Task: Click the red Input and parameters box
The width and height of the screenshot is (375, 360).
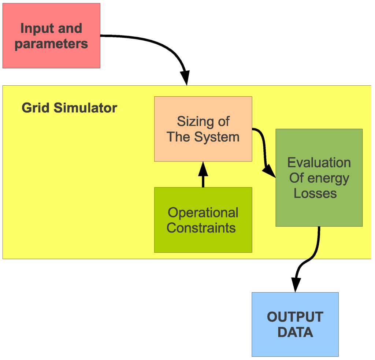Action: [x=51, y=36]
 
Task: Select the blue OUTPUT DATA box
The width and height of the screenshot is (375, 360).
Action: [x=295, y=324]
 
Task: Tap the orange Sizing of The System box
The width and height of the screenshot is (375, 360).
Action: [x=203, y=129]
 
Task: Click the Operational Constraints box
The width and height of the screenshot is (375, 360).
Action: [x=203, y=220]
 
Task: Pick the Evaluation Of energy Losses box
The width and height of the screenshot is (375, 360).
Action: [x=319, y=178]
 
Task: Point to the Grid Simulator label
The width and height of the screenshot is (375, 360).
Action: [x=69, y=108]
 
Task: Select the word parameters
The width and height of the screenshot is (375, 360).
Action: [x=51, y=44]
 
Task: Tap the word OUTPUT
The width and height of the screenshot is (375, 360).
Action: [x=295, y=317]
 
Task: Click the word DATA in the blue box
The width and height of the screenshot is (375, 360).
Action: [x=295, y=332]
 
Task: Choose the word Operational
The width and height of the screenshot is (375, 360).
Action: [x=203, y=212]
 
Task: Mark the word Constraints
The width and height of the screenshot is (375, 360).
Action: [x=201, y=228]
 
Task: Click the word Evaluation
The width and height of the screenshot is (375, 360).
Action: [x=319, y=163]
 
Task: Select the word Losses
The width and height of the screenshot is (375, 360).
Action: [x=315, y=193]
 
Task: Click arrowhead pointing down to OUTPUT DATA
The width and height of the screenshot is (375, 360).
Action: [x=296, y=285]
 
